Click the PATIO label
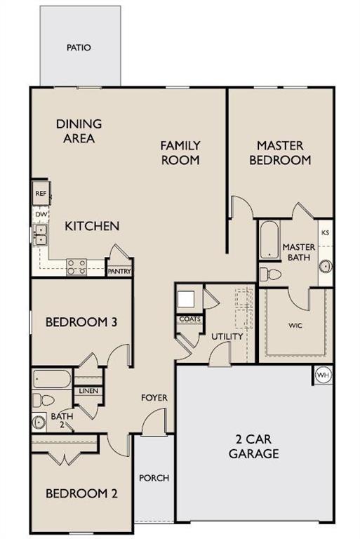pyautogui.click(x=79, y=48)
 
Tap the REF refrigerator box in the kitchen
pyautogui.click(x=40, y=192)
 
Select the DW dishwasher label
pyautogui.click(x=40, y=213)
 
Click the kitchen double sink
pyautogui.click(x=40, y=234)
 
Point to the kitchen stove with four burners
pyautogui.click(x=76, y=267)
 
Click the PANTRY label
pyautogui.click(x=119, y=271)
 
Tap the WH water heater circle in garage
pyautogui.click(x=323, y=375)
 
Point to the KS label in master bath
pyautogui.click(x=325, y=232)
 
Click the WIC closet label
pyautogui.click(x=295, y=326)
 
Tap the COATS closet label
pyautogui.click(x=189, y=319)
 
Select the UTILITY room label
pyautogui.click(x=227, y=337)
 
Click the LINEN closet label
pyautogui.click(x=89, y=391)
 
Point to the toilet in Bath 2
pyautogui.click(x=44, y=401)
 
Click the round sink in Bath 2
pyautogui.click(x=39, y=422)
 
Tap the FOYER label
pyautogui.click(x=154, y=398)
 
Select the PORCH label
pyautogui.click(x=154, y=478)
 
